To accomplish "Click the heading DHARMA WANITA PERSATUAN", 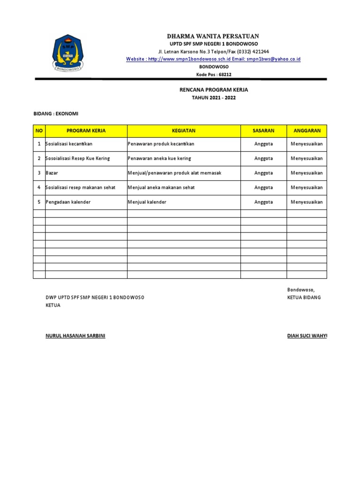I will click(x=213, y=36).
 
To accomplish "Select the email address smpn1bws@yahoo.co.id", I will click(x=274, y=59).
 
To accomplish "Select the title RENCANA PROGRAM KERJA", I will click(x=214, y=90).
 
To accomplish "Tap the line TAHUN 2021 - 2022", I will click(x=214, y=97).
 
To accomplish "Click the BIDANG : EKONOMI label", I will click(x=56, y=114).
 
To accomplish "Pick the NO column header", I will click(x=39, y=131).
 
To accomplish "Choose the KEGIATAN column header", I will click(x=184, y=131).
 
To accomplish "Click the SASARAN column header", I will click(x=263, y=131).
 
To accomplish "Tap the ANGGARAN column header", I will click(x=307, y=131).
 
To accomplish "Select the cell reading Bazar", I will click(x=52, y=173).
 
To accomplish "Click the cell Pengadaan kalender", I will click(x=68, y=202).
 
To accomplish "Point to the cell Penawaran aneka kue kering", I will click(x=159, y=158).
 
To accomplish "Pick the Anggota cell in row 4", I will click(x=263, y=187).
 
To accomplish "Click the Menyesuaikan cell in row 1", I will click(x=307, y=144).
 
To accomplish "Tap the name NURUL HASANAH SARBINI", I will click(x=75, y=336).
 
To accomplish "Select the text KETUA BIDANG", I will click(x=304, y=298).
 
